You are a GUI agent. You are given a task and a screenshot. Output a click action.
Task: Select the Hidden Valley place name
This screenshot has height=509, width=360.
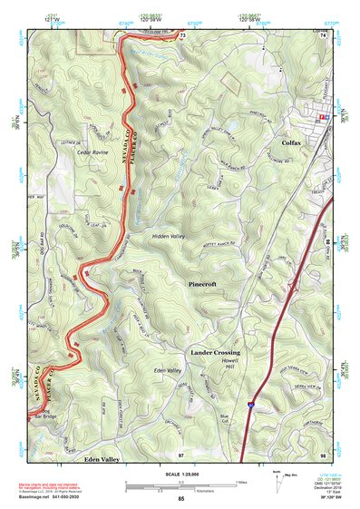click(x=169, y=235)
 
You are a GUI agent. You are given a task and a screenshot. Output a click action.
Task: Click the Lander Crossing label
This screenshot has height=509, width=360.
click(x=215, y=351)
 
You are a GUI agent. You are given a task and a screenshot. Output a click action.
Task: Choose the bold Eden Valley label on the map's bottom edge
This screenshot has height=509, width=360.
click(x=102, y=460)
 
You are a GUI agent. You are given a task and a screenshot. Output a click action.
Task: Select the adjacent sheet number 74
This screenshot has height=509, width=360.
click(x=324, y=34)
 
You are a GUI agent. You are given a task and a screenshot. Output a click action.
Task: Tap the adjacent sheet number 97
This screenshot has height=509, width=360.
click(x=181, y=453)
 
